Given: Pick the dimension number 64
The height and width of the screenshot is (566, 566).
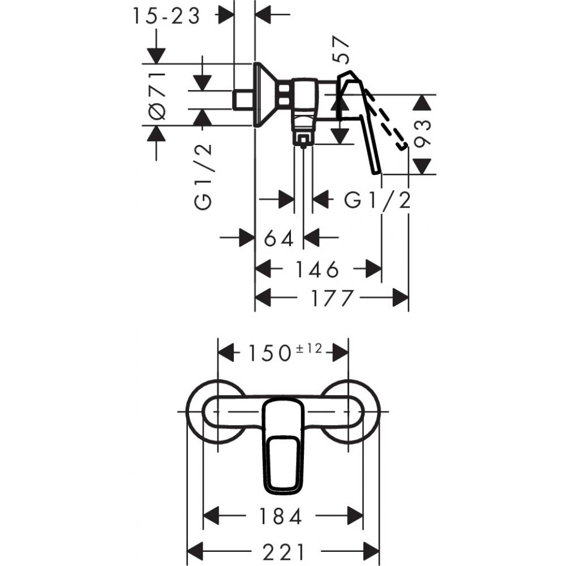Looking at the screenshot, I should [x=279, y=238].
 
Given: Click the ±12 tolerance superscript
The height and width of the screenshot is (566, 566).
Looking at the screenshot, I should [x=308, y=349].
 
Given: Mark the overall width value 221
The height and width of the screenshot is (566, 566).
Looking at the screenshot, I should [x=283, y=551].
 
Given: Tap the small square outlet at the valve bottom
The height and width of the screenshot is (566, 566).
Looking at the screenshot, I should [x=303, y=139].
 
